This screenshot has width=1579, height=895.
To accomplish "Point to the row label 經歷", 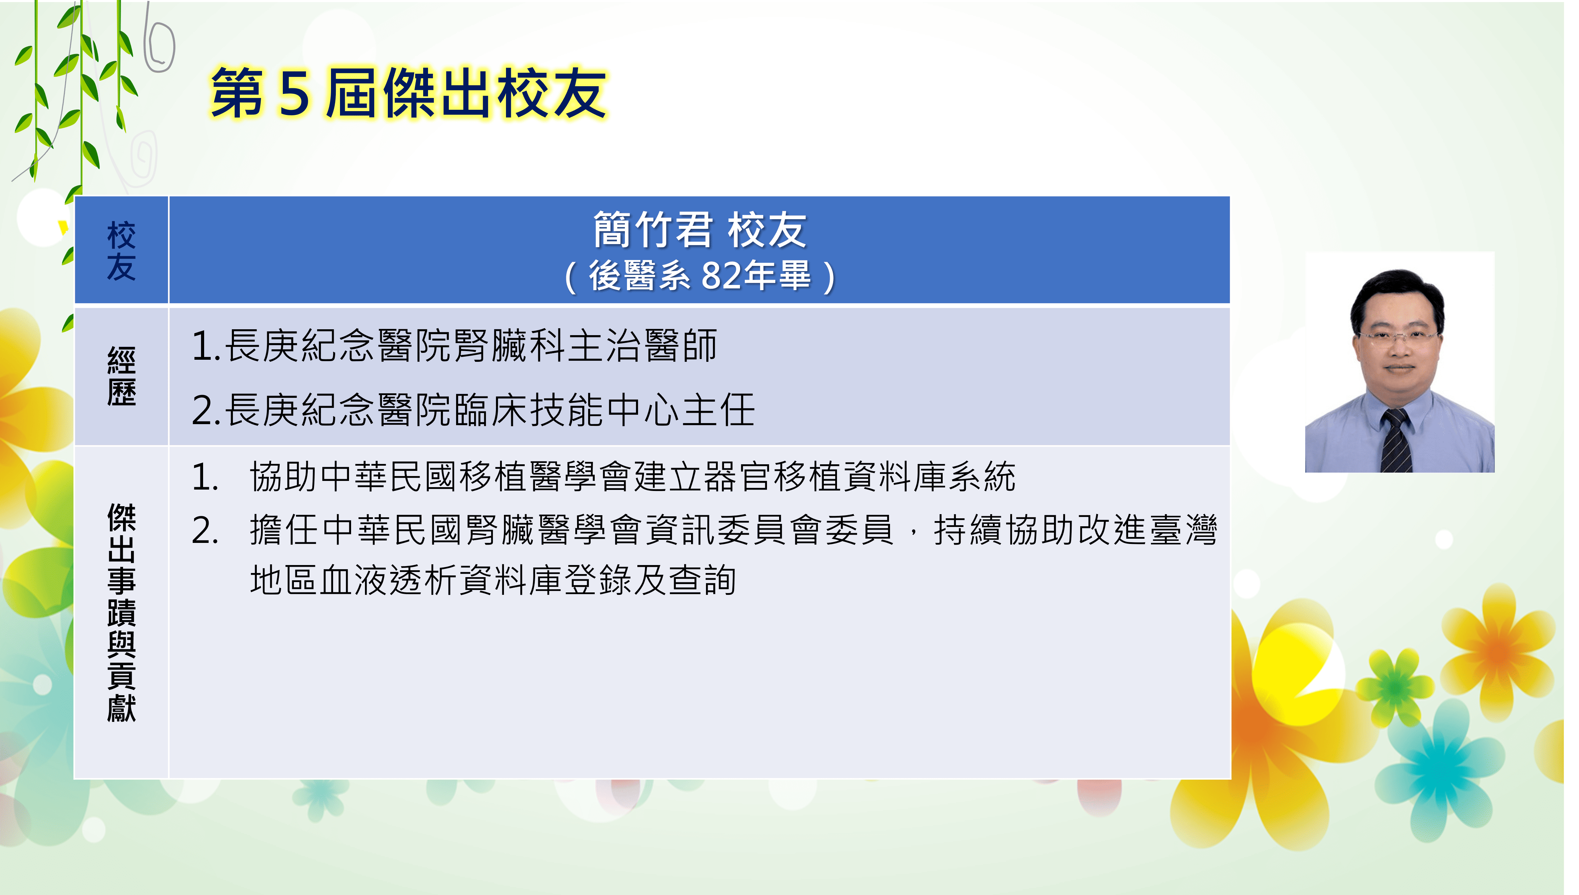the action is tap(121, 376).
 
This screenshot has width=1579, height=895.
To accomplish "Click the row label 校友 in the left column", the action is tap(121, 251).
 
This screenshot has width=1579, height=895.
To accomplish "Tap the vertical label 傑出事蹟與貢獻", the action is tap(121, 612).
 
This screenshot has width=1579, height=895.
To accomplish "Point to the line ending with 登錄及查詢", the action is tap(493, 580).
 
